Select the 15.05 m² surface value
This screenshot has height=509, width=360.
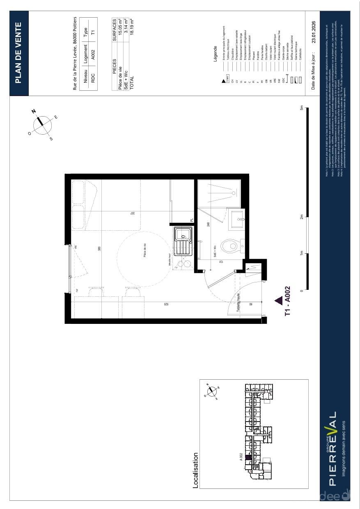[121, 27]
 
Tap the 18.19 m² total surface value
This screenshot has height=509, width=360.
[132, 27]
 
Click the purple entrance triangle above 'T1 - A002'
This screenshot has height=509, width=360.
[278, 301]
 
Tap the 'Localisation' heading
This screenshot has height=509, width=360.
[196, 470]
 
